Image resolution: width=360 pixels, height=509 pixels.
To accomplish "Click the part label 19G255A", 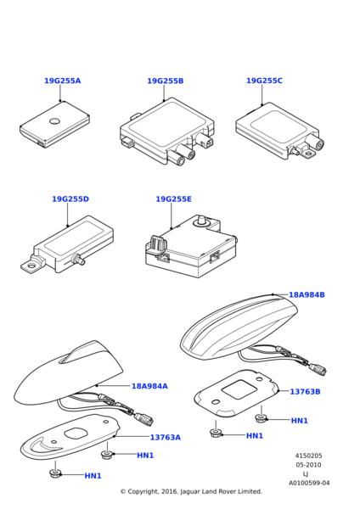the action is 62,81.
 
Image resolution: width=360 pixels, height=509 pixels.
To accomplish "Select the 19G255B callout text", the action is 166,81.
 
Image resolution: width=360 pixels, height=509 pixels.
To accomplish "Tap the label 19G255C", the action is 264,81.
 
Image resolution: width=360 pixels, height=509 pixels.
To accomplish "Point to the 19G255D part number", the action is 70,199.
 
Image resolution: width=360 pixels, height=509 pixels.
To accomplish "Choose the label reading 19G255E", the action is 173,199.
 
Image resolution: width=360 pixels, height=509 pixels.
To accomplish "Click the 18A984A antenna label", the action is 149,386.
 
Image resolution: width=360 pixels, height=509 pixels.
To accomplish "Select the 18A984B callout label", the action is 307,294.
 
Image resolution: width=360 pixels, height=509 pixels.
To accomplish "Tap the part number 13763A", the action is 165,437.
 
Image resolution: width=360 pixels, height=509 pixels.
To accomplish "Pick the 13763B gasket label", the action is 305,391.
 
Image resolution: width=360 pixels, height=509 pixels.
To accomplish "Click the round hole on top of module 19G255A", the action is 54,121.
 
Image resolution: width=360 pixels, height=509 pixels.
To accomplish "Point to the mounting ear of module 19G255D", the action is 32,265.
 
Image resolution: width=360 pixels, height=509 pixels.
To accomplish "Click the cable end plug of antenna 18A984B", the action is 318,369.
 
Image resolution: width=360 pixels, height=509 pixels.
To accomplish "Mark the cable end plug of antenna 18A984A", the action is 143,419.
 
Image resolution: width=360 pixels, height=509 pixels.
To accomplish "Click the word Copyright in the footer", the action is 143,492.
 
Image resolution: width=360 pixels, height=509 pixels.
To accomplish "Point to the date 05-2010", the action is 308,465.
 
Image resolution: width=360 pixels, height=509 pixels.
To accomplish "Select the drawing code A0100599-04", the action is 309,483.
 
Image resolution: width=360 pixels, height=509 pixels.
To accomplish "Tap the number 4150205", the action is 309,456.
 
